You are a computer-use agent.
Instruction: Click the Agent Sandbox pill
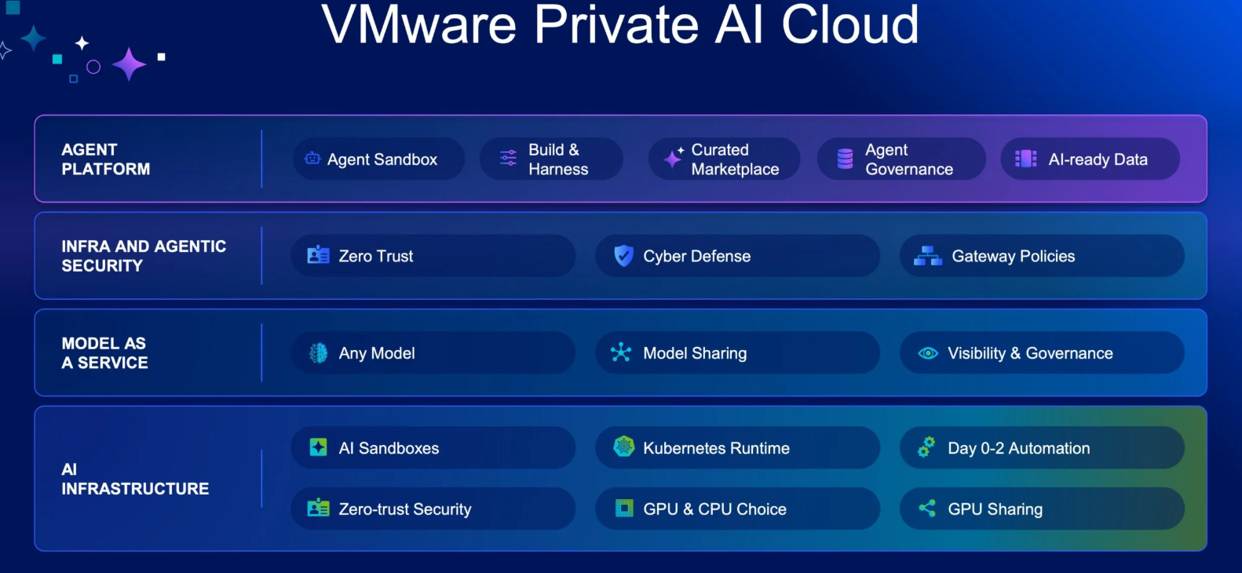[x=378, y=159]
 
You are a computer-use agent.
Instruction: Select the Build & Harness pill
[x=551, y=159]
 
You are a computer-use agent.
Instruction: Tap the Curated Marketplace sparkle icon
[x=674, y=158]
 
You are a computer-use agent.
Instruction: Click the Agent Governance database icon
[x=845, y=159]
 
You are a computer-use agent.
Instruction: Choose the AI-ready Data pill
[x=1090, y=159]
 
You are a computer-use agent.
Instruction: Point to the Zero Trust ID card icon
[x=318, y=255]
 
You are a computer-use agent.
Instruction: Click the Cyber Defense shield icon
[x=624, y=255]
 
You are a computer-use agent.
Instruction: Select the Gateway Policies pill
[x=1042, y=255]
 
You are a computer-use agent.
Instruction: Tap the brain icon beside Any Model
[x=318, y=353]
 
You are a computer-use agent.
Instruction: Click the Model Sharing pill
[x=737, y=352]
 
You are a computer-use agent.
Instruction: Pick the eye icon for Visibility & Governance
[x=928, y=353]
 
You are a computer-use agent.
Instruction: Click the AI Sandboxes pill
[x=433, y=447]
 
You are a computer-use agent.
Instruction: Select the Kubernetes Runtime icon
[x=624, y=447]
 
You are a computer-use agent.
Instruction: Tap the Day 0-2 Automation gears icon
[x=926, y=447]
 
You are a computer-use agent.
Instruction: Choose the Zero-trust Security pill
[x=433, y=508]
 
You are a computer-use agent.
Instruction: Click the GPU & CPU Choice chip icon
[x=624, y=508]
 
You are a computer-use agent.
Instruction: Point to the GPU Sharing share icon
[x=928, y=508]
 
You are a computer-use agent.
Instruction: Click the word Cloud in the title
[x=850, y=24]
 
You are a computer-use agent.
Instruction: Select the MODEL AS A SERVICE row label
[x=104, y=353]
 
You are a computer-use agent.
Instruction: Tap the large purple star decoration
[x=130, y=65]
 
